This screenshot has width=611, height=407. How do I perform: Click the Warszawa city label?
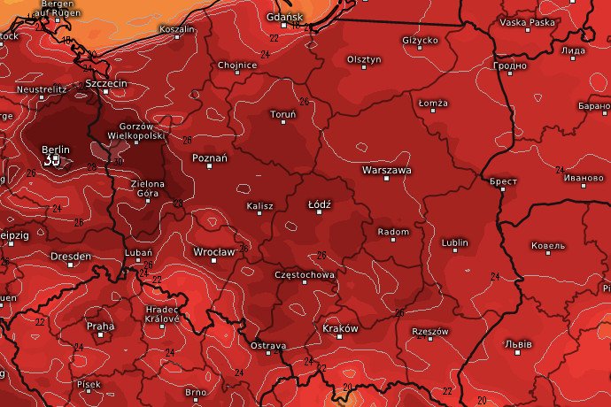(x=386, y=169)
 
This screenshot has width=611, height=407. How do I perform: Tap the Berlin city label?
(x=55, y=150)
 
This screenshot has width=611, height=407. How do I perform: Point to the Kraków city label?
(x=340, y=328)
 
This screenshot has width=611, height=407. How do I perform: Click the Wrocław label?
(x=214, y=252)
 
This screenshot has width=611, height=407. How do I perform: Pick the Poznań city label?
(x=210, y=158)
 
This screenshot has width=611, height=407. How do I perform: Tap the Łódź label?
(x=319, y=204)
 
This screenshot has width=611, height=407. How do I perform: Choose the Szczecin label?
(x=107, y=84)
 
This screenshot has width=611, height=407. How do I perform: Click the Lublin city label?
(x=455, y=242)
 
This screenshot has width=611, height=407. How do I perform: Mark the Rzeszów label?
(x=430, y=332)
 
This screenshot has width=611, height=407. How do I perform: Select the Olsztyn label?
(x=363, y=59)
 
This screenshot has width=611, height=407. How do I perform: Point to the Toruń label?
(x=283, y=115)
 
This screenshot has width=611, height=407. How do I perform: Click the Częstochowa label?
(x=305, y=275)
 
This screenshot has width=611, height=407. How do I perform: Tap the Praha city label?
(x=100, y=326)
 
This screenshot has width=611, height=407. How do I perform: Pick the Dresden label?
(x=71, y=257)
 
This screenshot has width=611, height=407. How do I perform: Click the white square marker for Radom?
(x=393, y=242)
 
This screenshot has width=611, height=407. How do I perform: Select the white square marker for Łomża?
(x=433, y=114)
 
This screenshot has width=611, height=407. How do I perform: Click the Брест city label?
(x=502, y=180)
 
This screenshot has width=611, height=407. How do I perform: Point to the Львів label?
(x=518, y=343)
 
